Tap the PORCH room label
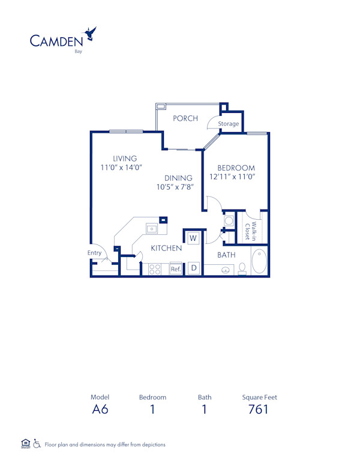(185, 118)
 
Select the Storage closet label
(229, 124)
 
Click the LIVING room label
(125, 159)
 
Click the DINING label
(179, 178)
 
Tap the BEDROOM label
(236, 168)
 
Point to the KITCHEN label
(166, 248)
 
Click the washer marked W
(193, 238)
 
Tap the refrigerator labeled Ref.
(175, 270)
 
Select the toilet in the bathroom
(242, 268)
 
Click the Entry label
(94, 253)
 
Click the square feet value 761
(259, 410)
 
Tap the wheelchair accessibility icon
(37, 444)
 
